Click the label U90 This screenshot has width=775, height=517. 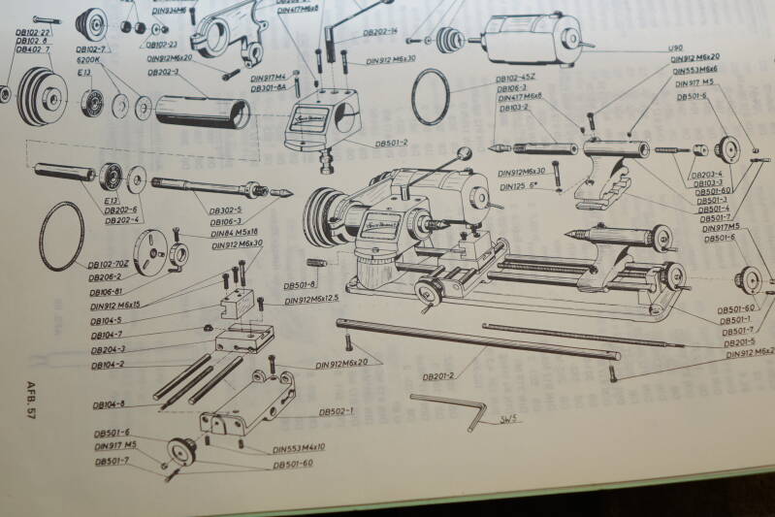[x=675, y=48]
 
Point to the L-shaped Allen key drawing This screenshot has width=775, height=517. [x=451, y=407]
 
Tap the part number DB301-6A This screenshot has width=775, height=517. [x=268, y=87]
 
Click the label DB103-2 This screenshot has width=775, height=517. [x=514, y=109]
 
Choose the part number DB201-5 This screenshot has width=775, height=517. [x=739, y=342]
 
